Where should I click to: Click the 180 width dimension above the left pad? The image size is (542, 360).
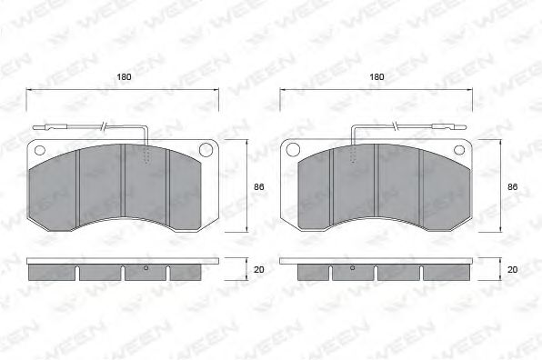click(x=124, y=77)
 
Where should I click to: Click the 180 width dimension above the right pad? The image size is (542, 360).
click(x=376, y=77)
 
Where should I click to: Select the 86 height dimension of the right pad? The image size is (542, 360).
click(x=512, y=186)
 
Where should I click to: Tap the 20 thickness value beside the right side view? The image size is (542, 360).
click(x=512, y=269)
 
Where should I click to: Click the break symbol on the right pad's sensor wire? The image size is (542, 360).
click(x=396, y=125)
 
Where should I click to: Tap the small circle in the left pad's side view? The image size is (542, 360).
click(x=146, y=268)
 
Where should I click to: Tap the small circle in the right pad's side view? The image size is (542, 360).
click(x=352, y=268)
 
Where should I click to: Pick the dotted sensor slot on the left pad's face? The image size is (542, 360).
click(x=146, y=163)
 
